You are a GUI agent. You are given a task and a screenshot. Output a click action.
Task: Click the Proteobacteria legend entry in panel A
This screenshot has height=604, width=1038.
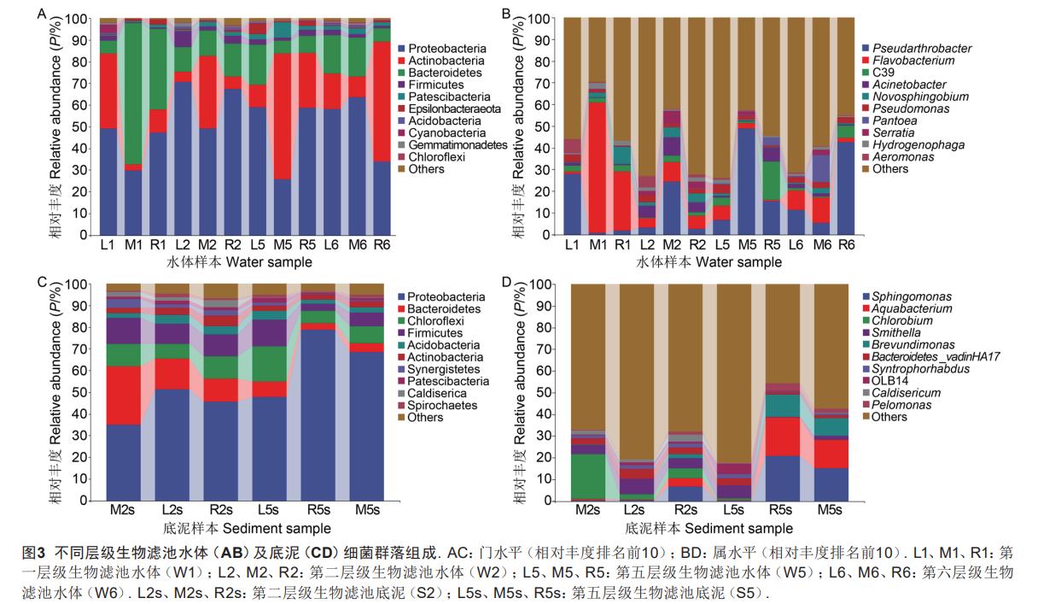point(446,49)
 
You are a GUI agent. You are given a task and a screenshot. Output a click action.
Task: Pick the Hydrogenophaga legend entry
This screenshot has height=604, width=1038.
point(907,145)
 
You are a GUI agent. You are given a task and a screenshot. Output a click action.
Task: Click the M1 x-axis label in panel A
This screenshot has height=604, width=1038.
point(132,245)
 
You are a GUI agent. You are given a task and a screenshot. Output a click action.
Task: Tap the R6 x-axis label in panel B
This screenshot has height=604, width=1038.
point(845,245)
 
